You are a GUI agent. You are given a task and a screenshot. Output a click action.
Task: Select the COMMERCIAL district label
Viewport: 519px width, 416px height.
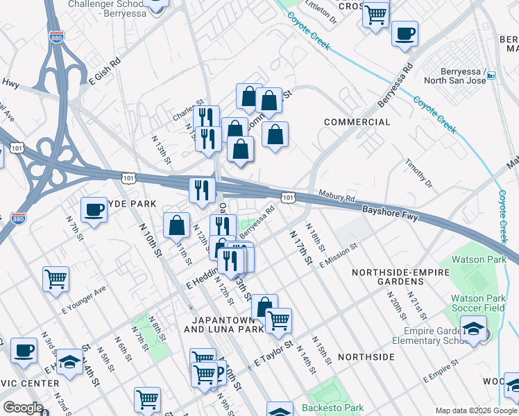357,122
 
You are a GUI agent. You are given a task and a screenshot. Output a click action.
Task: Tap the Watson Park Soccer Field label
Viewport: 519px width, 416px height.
478,304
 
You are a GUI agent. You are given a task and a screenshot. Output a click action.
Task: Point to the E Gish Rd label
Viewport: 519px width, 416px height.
104,71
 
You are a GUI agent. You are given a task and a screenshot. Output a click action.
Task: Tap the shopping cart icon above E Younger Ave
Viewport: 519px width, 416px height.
56,279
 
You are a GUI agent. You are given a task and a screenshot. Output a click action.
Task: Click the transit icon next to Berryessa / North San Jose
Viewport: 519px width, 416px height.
491,76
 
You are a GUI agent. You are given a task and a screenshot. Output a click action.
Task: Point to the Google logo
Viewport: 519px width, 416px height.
23,408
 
